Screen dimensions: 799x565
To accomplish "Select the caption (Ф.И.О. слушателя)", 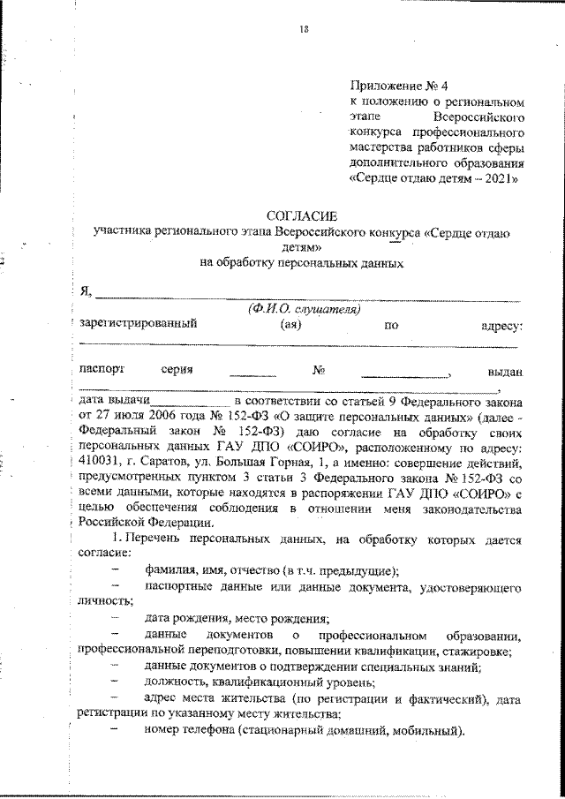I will point(304,309).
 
